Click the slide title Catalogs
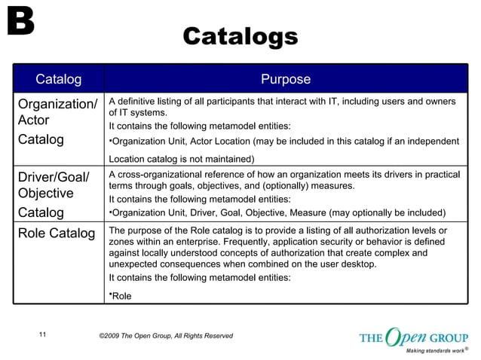click(x=240, y=35)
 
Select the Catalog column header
click(x=58, y=79)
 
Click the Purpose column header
click(x=285, y=79)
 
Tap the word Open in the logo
click(x=405, y=336)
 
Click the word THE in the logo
click(x=372, y=337)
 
